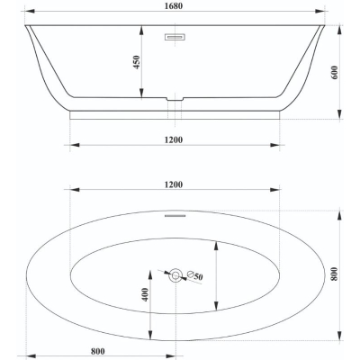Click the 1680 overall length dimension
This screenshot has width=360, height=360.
(174, 5)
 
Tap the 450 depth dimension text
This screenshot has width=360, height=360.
(137, 62)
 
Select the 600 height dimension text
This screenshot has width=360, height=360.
(335, 72)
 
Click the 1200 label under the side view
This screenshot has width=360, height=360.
(174, 139)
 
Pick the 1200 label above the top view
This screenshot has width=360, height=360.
(174, 184)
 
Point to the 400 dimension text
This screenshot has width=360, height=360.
(145, 294)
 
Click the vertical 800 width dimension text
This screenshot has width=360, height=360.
(335, 274)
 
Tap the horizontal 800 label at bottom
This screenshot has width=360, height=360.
(98, 351)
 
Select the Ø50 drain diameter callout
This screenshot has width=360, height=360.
(194, 275)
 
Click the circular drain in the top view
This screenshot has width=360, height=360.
(175, 275)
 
